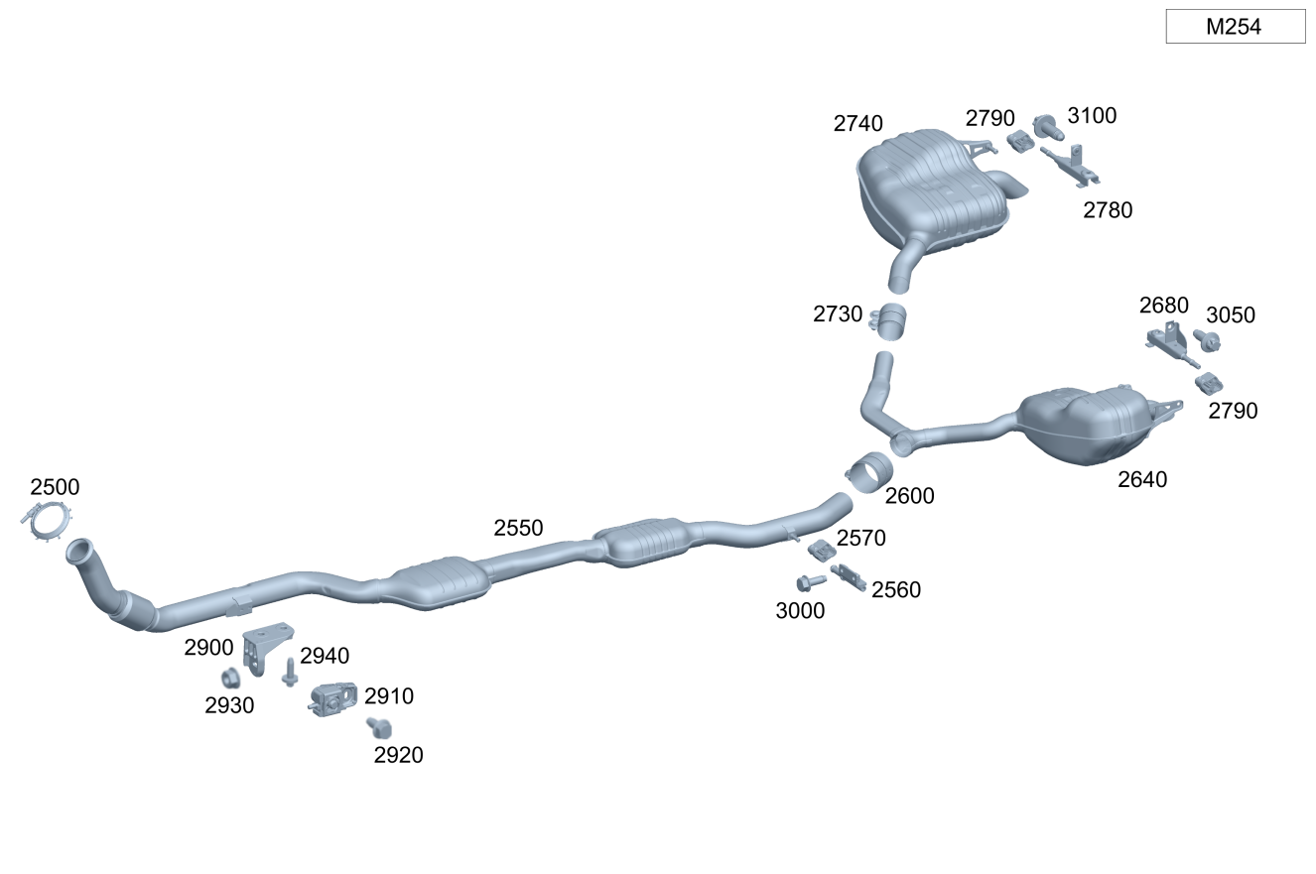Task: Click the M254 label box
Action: click(x=1236, y=27)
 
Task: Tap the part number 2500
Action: click(x=55, y=487)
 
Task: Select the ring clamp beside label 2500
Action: click(x=48, y=521)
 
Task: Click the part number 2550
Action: click(x=518, y=528)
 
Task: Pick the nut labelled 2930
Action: click(x=230, y=679)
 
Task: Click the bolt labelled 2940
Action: click(x=290, y=672)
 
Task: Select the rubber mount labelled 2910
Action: click(x=332, y=698)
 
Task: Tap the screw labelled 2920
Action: click(x=379, y=728)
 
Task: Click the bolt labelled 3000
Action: click(x=811, y=582)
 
